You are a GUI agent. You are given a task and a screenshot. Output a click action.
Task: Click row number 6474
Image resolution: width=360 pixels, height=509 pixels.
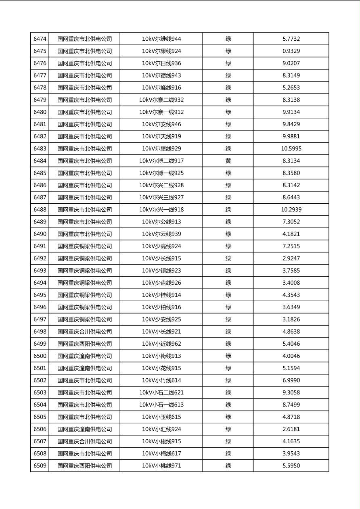click(x=40, y=39)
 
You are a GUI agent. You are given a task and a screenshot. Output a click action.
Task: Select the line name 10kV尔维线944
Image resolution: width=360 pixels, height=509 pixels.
click(x=161, y=39)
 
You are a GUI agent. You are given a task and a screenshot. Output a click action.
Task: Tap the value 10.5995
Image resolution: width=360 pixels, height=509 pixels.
click(x=291, y=149)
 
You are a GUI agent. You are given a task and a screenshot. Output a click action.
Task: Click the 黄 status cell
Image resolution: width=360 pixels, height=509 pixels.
click(x=228, y=161)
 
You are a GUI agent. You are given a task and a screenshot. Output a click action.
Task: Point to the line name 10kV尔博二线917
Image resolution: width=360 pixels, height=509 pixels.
click(x=161, y=161)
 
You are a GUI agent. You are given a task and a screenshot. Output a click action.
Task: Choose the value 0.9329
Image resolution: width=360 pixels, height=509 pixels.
click(x=291, y=51)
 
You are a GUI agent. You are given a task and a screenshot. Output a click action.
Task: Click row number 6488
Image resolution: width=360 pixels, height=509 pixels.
click(x=40, y=210)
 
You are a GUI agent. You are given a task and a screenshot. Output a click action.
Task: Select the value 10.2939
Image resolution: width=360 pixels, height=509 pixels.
click(x=291, y=210)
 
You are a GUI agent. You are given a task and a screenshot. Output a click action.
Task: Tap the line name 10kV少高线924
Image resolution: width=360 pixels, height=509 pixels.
click(x=161, y=246)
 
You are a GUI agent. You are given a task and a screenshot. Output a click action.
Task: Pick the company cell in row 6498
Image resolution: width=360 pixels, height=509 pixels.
click(x=84, y=332)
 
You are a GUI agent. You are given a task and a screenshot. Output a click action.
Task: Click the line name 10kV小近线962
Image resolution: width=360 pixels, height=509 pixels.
click(x=161, y=344)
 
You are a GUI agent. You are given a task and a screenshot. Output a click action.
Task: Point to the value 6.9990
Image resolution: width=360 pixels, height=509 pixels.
click(x=291, y=380)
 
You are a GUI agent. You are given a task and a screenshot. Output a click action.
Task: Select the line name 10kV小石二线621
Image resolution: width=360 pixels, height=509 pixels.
click(x=161, y=392)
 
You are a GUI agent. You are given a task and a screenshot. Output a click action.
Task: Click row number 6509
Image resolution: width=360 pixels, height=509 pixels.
click(x=40, y=466)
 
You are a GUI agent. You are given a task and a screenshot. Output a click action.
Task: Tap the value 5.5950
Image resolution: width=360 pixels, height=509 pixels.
click(x=291, y=466)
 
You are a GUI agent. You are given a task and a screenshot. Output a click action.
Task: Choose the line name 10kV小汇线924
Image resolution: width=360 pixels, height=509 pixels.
click(x=161, y=429)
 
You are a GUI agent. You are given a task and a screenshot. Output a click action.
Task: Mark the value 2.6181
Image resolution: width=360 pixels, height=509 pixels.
click(x=291, y=429)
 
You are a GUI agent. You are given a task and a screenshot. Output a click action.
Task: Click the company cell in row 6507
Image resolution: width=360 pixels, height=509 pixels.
click(x=84, y=441)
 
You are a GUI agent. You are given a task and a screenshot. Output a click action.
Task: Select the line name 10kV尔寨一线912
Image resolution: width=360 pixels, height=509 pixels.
click(x=161, y=112)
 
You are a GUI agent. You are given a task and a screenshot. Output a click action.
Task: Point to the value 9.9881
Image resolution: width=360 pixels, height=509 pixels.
click(x=291, y=136)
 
